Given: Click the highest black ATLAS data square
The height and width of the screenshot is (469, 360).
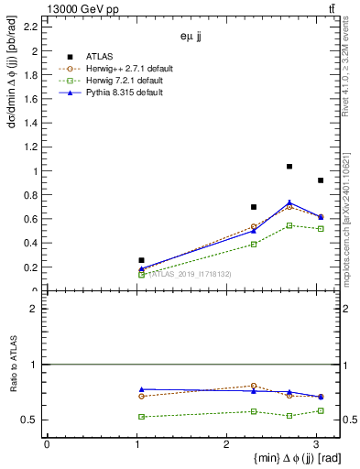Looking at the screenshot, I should [x=289, y=167].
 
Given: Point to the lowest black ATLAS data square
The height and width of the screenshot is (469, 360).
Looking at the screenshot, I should [x=141, y=260].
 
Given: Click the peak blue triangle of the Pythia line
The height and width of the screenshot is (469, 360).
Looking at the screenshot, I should [x=289, y=202].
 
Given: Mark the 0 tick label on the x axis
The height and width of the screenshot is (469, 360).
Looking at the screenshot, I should [x=47, y=443].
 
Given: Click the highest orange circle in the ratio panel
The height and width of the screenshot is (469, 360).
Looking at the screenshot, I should [x=254, y=386].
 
